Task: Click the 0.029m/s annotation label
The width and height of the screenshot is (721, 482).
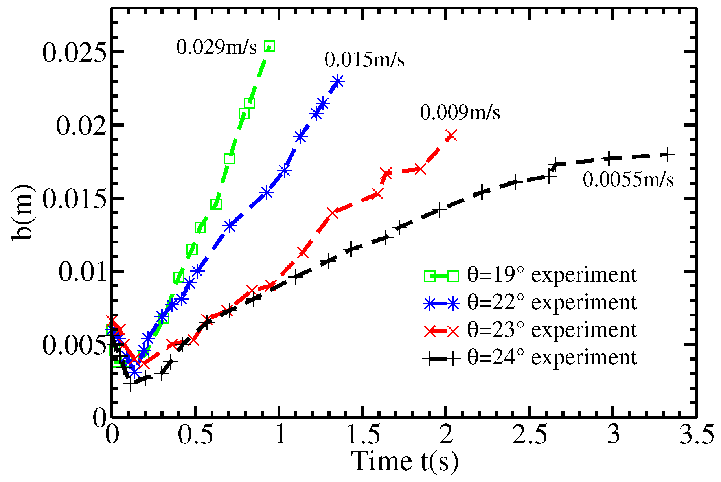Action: [216, 48]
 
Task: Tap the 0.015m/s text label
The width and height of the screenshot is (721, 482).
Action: [364, 60]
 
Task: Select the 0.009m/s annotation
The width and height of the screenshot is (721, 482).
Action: [460, 113]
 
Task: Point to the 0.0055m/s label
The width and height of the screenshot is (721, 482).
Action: [628, 180]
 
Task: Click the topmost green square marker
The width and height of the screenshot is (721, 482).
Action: [270, 46]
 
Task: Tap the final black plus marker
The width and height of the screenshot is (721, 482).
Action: [667, 154]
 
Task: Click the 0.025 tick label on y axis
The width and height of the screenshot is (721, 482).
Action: [74, 53]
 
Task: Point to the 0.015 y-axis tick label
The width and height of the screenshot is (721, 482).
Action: [74, 199]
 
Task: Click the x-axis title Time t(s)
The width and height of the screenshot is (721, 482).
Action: [405, 461]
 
